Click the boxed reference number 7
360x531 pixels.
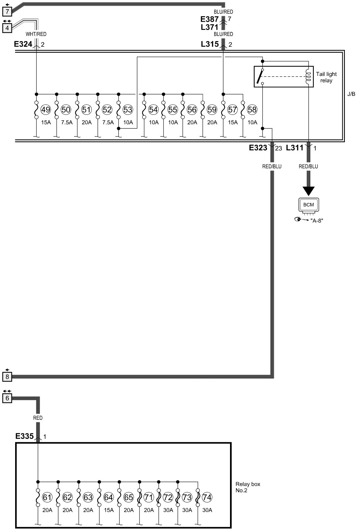(7, 12)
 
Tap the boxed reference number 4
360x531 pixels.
(7, 28)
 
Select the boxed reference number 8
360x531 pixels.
(7, 376)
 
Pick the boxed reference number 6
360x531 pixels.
(7, 398)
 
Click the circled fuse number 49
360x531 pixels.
(46, 110)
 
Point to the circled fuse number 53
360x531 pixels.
(127, 110)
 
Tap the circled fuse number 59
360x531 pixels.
(212, 110)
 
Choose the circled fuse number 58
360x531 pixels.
(252, 110)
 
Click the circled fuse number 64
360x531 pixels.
(108, 497)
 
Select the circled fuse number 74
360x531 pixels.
(207, 497)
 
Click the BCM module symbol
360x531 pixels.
(308, 205)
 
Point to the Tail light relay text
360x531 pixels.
(326, 77)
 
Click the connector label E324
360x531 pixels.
(23, 44)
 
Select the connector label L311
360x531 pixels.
(295, 148)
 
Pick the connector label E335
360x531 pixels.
(24, 436)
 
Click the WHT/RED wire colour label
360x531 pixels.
(36, 34)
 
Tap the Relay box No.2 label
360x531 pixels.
(248, 487)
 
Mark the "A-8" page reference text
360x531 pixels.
(317, 220)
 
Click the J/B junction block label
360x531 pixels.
(351, 94)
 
